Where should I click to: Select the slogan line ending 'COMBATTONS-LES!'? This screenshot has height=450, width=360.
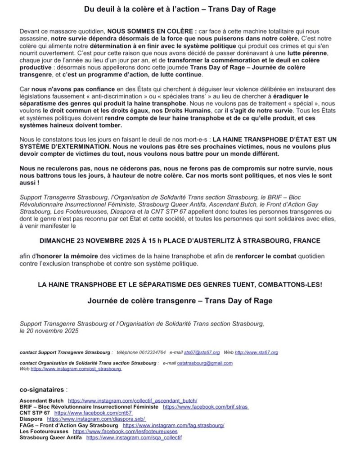click(180, 285)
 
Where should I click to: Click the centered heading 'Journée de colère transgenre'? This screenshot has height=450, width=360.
click(180, 301)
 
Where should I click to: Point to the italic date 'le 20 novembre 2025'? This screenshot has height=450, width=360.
click(49, 331)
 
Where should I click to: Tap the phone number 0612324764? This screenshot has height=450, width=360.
click(151, 352)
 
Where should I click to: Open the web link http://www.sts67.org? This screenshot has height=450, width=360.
click(256, 352)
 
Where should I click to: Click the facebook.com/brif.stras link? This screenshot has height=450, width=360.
click(206, 406)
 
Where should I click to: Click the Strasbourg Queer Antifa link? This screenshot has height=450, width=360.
click(134, 437)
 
